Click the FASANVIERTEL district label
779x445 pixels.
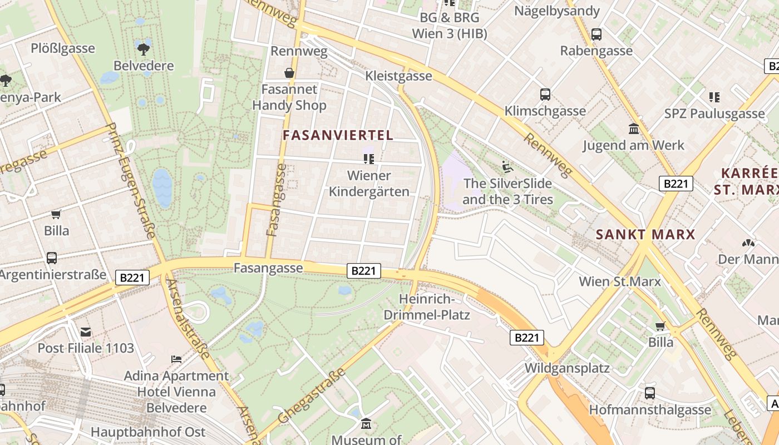pos(338,135)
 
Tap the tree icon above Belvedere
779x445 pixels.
pos(144,48)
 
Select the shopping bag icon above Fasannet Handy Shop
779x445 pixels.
pos(289,73)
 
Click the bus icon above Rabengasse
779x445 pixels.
pos(596,34)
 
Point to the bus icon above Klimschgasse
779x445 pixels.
pos(545,95)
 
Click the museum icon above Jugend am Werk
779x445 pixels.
pos(633,129)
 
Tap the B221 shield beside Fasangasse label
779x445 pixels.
pos(364,271)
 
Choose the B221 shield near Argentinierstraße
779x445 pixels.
pos(132,277)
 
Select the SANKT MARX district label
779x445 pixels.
pos(645,235)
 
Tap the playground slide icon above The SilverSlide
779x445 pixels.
pos(507,166)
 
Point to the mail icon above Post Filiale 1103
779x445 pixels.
pos(86,332)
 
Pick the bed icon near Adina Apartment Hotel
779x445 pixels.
pos(176,359)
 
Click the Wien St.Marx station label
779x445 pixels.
pos(620,281)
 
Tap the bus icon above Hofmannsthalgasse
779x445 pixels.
pos(649,393)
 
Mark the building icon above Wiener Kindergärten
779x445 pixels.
pos(368,159)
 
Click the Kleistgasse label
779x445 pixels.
pos(398,76)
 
